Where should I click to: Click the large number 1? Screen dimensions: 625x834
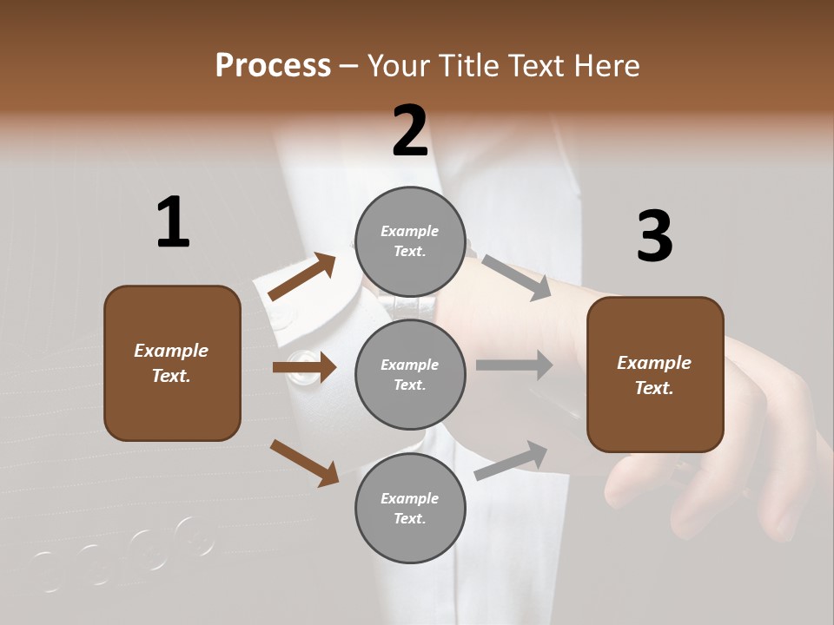pyautogui.click(x=173, y=222)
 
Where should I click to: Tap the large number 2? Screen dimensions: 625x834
pyautogui.click(x=410, y=131)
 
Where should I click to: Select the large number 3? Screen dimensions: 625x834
pyautogui.click(x=654, y=236)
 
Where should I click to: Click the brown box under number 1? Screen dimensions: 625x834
pyautogui.click(x=172, y=363)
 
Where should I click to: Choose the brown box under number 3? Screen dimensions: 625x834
pyautogui.click(x=655, y=375)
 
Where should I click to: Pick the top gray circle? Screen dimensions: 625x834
pyautogui.click(x=410, y=241)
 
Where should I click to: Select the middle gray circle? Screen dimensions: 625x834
pyautogui.click(x=410, y=374)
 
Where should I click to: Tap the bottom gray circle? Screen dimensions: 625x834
pyautogui.click(x=410, y=508)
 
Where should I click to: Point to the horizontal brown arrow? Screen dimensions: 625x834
pyautogui.click(x=304, y=367)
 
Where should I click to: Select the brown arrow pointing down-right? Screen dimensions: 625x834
pyautogui.click(x=305, y=462)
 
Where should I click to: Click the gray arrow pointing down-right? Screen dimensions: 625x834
pyautogui.click(x=516, y=278)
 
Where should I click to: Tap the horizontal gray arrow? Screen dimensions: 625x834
pyautogui.click(x=514, y=365)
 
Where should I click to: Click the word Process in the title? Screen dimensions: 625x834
pyautogui.click(x=273, y=65)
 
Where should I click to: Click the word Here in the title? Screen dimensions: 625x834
pyautogui.click(x=606, y=65)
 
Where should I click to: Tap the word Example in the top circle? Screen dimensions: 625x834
pyautogui.click(x=410, y=231)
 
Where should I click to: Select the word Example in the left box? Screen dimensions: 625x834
pyautogui.click(x=171, y=351)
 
